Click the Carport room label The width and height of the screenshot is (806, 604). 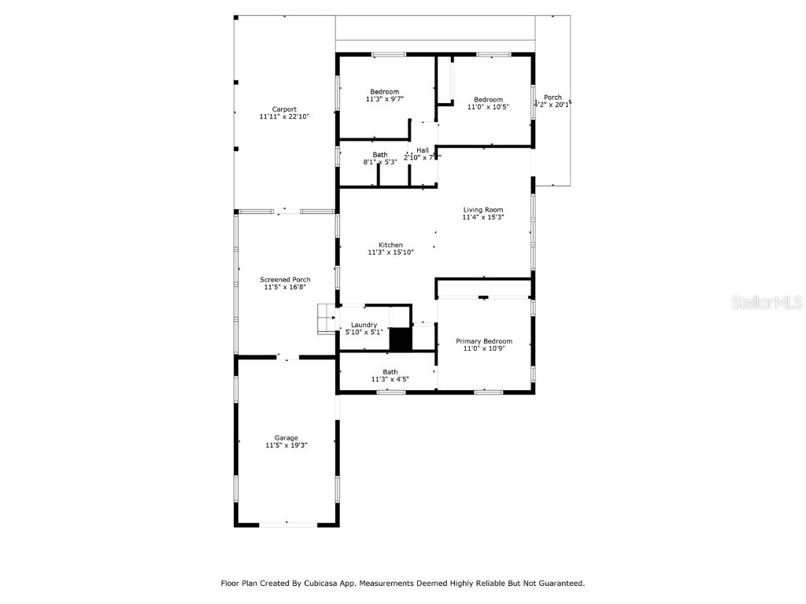[x=284, y=109]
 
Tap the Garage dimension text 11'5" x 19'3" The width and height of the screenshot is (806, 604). [x=286, y=445]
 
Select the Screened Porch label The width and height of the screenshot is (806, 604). [x=285, y=280]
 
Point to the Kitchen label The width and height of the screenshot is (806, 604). [x=390, y=245]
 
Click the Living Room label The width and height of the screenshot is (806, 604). [x=482, y=210]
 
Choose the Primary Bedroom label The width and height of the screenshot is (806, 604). [x=484, y=341]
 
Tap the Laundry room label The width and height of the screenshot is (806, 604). [x=364, y=325]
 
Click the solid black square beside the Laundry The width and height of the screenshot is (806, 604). [x=401, y=340]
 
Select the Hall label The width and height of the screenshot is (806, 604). [x=423, y=150]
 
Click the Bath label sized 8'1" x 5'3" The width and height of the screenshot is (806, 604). [x=380, y=155]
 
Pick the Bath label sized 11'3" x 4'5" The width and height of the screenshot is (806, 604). [x=390, y=372]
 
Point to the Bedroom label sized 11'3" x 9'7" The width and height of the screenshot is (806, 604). [x=385, y=92]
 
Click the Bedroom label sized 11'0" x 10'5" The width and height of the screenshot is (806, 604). [x=488, y=100]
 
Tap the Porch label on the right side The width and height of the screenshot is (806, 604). [x=553, y=98]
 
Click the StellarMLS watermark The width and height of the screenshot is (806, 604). [x=767, y=302]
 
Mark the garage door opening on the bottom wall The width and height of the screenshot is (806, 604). [x=287, y=524]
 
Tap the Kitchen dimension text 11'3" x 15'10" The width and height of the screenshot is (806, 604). [x=390, y=252]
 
